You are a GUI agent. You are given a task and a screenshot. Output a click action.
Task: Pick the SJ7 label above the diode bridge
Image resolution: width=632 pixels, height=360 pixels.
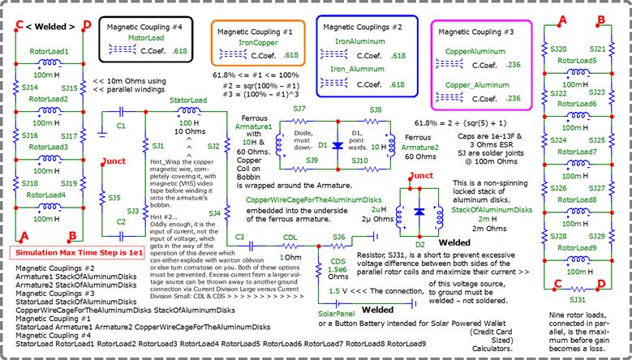click(299, 108)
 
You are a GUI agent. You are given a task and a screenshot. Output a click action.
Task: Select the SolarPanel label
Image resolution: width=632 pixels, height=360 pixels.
click(337, 312)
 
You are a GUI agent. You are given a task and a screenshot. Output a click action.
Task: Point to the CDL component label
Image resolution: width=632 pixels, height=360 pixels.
click(290, 238)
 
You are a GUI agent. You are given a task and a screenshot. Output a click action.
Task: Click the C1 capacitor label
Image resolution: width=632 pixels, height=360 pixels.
click(121, 126)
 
